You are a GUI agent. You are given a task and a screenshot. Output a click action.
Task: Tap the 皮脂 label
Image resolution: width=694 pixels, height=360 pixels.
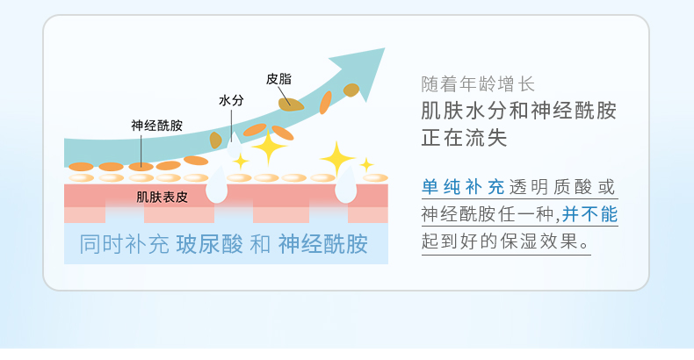pos(278,79)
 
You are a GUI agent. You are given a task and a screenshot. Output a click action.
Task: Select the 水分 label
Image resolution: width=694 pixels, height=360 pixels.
pos(231,100)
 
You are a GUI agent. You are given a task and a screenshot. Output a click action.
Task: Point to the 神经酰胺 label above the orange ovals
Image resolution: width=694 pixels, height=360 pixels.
pos(156,125)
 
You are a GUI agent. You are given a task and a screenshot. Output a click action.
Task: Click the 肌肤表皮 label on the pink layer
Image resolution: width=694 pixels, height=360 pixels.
pos(163,196)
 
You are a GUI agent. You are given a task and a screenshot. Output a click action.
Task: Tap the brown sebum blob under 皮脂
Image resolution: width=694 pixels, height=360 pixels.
pos(290,104)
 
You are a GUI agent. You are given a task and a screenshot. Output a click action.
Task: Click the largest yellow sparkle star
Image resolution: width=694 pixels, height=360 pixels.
pos(336,158)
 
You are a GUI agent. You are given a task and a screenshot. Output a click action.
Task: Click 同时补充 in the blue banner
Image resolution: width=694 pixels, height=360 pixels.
pos(123,244)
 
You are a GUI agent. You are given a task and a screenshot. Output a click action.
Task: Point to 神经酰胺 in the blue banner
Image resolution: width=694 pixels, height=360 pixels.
pos(322,244)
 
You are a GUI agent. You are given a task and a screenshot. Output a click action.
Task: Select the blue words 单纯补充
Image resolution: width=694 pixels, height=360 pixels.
pos(463,187)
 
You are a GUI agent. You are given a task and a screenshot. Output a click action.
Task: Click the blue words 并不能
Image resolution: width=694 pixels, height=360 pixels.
pos(590,213)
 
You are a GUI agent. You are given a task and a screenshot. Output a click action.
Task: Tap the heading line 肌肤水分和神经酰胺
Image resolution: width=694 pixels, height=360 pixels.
pos(518,112)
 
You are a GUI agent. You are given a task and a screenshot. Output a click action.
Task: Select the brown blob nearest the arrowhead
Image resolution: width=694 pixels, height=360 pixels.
pos(351,90)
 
